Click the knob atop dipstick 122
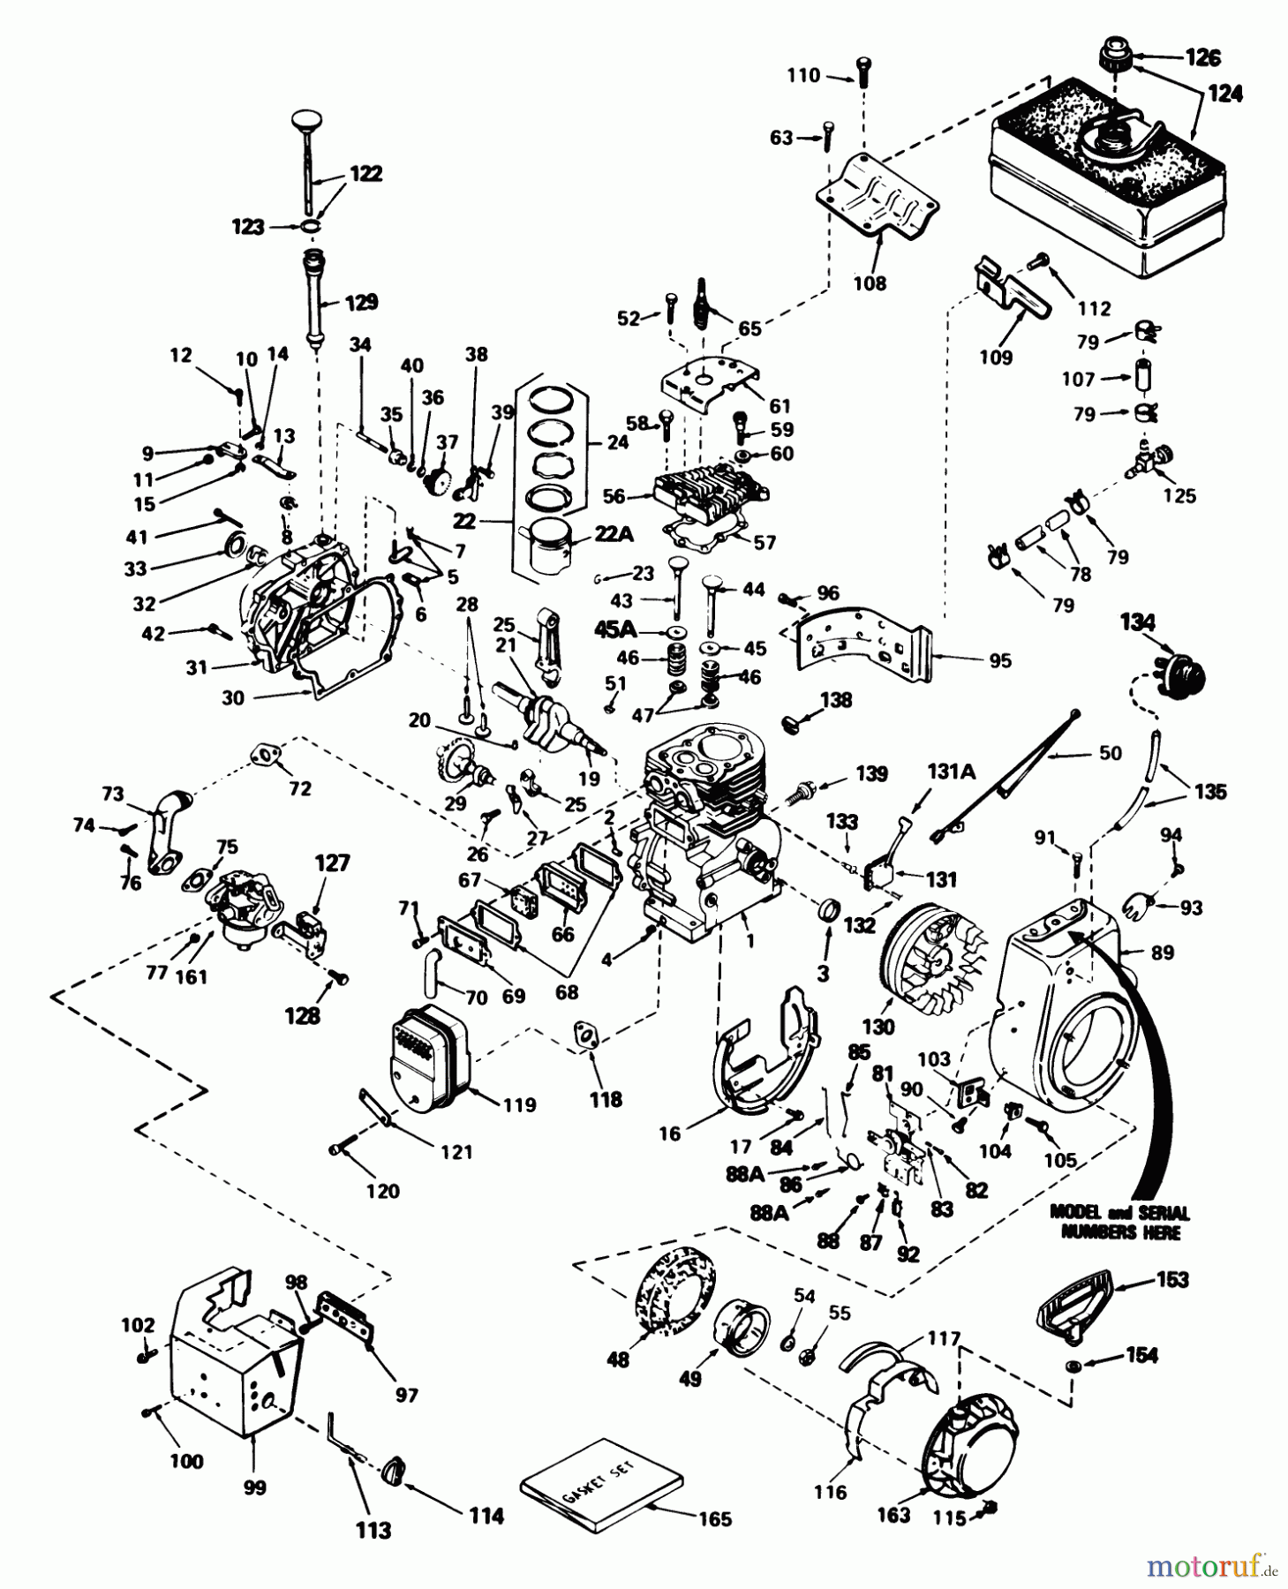pyautogui.click(x=306, y=120)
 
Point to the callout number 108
pyautogui.click(x=870, y=283)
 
